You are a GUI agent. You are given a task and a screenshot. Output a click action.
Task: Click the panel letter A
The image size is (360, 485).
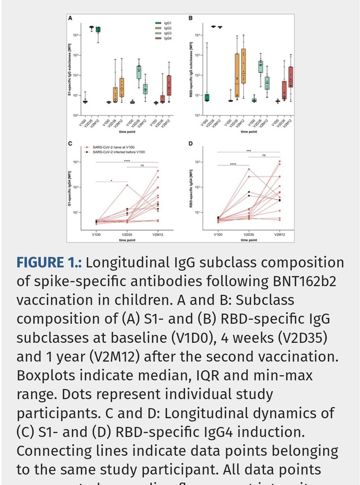70,18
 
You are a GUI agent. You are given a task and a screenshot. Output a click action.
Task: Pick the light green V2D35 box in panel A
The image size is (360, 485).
139,72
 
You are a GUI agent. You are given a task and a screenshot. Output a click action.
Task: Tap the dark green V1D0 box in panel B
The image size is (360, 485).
207,97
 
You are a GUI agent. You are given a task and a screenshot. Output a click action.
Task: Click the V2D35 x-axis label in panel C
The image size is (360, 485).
127,234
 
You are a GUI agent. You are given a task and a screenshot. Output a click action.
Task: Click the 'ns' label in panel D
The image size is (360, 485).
264,155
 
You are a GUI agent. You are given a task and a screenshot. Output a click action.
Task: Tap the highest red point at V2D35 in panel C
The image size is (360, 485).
127,185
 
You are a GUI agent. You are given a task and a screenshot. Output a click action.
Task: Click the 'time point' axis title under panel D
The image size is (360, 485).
249,239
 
